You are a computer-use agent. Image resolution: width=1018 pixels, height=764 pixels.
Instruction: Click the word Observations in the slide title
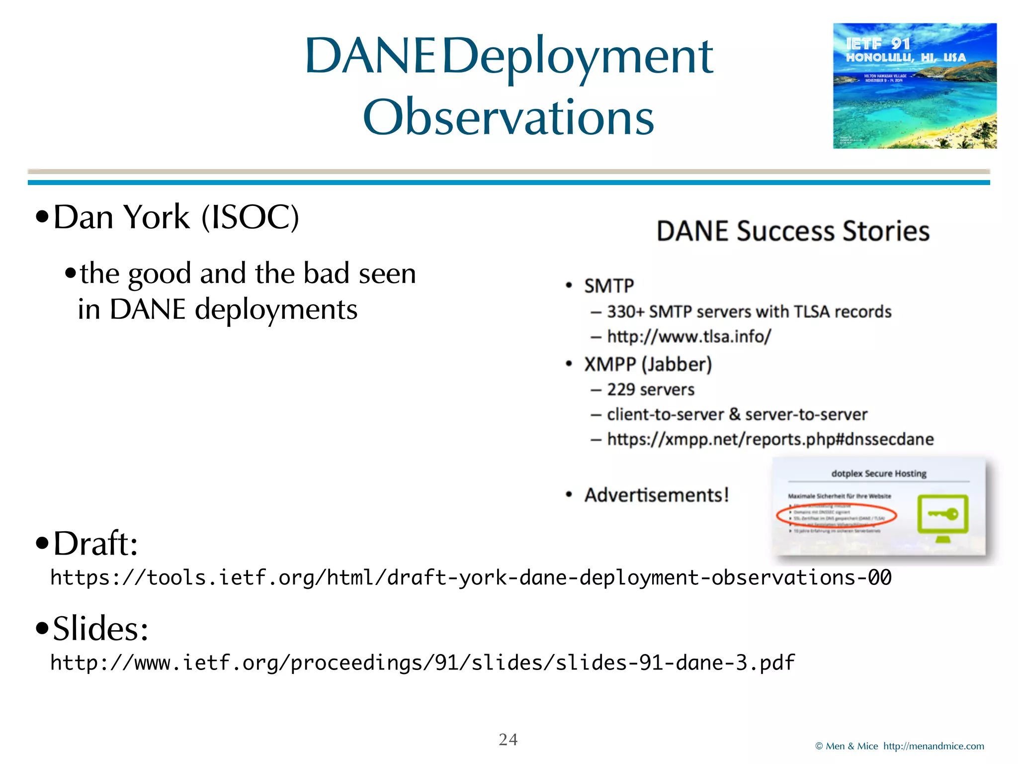(508, 117)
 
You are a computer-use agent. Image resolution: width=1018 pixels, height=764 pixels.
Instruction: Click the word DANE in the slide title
(370, 56)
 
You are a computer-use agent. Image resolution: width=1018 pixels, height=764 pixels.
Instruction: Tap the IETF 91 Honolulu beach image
(915, 86)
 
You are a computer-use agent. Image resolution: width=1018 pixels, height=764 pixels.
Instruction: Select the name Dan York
(121, 217)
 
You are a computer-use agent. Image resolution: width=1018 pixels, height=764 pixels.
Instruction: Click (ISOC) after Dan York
(250, 217)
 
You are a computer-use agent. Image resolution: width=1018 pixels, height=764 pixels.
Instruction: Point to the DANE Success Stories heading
(793, 231)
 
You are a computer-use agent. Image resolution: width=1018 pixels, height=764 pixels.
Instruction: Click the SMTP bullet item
(608, 286)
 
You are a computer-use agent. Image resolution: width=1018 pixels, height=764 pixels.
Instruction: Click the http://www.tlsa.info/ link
(689, 337)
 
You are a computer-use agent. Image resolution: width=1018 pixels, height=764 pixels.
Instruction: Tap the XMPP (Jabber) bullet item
(648, 365)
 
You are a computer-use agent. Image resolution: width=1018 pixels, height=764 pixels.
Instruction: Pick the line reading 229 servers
(650, 389)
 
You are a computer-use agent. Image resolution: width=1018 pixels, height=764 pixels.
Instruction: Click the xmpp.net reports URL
(770, 439)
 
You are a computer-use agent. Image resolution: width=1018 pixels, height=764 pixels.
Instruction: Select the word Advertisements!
(656, 495)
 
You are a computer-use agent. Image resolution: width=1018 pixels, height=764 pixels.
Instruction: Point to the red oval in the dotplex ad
(836, 515)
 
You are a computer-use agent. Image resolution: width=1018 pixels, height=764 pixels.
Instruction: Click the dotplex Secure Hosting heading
(878, 474)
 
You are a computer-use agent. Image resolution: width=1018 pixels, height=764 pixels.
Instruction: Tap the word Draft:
(95, 543)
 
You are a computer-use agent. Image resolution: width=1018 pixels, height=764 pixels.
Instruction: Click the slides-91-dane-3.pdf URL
(422, 663)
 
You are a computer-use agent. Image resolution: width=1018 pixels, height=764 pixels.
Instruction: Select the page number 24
(508, 739)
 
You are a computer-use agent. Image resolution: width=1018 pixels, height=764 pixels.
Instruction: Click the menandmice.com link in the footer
(933, 746)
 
